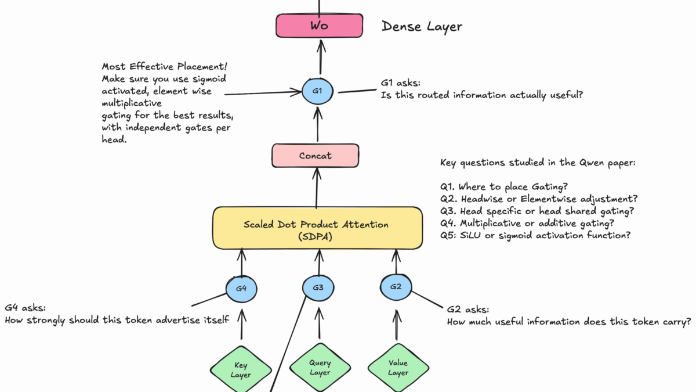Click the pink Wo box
click(319, 26)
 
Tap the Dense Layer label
click(422, 27)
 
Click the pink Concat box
click(316, 156)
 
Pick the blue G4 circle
click(241, 287)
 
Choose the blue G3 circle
click(318, 287)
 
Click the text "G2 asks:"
click(467, 310)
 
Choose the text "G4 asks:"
click(25, 307)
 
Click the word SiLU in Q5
click(467, 235)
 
